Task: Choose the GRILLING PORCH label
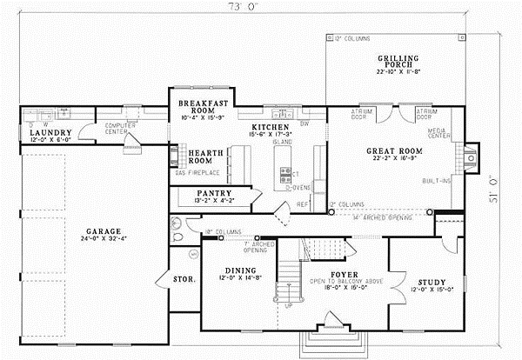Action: tap(398, 62)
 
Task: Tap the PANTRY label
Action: tap(213, 192)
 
